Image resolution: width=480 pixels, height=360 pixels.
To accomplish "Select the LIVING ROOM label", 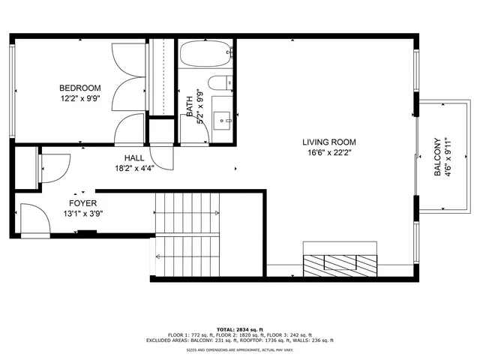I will click(x=328, y=142).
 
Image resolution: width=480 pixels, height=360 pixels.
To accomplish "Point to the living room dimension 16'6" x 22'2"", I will click(x=328, y=152).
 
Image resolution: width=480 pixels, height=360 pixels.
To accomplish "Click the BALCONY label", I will click(x=437, y=157).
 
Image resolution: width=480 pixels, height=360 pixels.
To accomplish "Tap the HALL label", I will click(x=134, y=157).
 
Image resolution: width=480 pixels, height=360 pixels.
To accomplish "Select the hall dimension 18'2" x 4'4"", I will click(x=134, y=168).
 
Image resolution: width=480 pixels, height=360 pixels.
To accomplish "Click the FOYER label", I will click(x=82, y=203).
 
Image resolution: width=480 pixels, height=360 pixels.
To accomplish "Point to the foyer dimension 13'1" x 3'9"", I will click(x=82, y=214).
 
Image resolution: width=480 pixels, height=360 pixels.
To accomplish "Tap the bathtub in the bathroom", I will click(x=203, y=54).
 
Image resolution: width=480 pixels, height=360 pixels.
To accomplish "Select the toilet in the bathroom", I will click(x=220, y=83).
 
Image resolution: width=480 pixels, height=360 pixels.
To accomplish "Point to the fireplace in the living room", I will click(x=339, y=262).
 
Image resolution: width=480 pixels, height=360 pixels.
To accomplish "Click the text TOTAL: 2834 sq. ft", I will click(x=240, y=328).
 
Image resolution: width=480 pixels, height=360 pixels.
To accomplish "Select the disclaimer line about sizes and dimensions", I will click(x=240, y=349).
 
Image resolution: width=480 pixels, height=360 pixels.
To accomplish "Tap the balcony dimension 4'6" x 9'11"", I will click(x=448, y=157).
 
